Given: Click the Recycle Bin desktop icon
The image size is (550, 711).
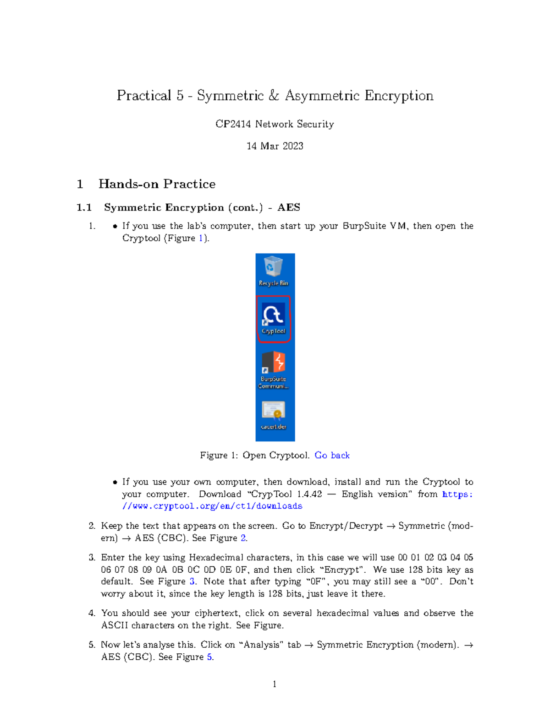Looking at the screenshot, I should click(x=273, y=270).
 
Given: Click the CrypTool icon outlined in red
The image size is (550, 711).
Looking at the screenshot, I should click(x=274, y=319).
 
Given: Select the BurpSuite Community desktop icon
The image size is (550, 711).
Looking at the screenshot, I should click(x=274, y=369).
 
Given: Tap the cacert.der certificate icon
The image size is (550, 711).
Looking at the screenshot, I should click(x=274, y=415).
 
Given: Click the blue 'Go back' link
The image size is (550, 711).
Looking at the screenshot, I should click(x=332, y=455).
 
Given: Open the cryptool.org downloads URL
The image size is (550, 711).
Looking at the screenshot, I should click(x=212, y=506).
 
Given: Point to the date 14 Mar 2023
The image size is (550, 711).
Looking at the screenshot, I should click(x=275, y=146).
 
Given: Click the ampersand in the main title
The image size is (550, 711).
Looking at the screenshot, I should click(x=274, y=96).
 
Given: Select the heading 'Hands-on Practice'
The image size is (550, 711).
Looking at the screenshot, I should click(x=157, y=184).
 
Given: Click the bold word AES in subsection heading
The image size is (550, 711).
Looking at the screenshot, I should click(x=289, y=207).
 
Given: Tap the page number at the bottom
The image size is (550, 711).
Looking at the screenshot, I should click(x=275, y=684).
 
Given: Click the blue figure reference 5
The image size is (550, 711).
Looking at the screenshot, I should click(x=209, y=657).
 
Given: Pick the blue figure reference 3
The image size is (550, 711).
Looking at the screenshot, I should click(x=192, y=581).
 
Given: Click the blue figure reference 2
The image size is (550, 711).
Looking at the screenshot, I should click(x=243, y=538).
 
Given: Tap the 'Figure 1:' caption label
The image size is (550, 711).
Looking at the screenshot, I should click(x=219, y=455).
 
